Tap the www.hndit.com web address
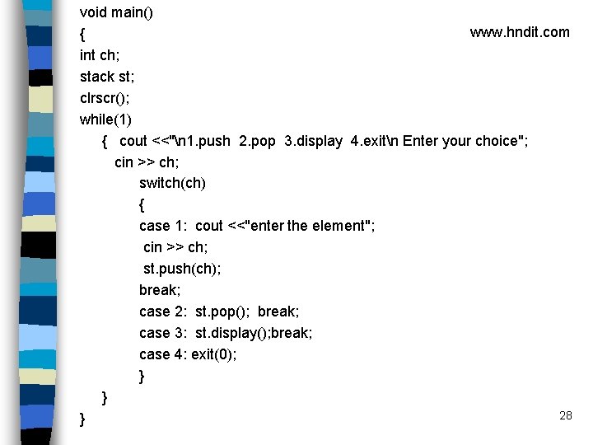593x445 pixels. [x=519, y=32]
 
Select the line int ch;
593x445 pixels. [x=99, y=55]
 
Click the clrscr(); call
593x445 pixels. [x=105, y=98]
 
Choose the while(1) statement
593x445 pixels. [x=105, y=119]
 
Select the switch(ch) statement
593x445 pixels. [x=172, y=183]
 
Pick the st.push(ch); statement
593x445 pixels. [x=182, y=269]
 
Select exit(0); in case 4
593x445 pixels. [x=213, y=354]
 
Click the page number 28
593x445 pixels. [x=565, y=415]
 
